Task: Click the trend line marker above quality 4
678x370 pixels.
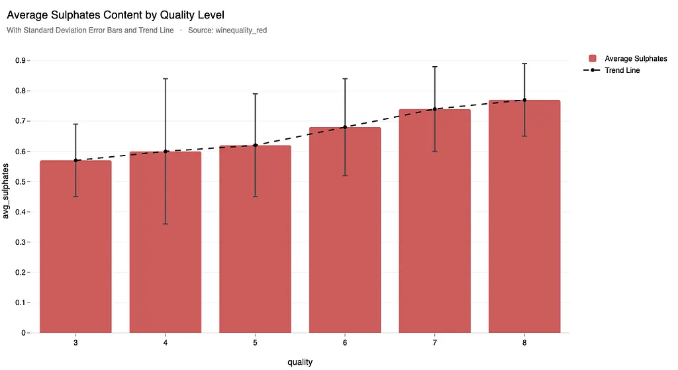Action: point(166,152)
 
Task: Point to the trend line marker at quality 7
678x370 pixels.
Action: point(435,109)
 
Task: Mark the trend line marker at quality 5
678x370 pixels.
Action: point(255,146)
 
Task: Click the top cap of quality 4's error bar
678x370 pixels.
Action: point(166,79)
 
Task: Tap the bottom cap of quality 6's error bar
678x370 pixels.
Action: point(345,175)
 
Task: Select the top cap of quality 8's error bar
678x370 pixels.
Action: point(524,64)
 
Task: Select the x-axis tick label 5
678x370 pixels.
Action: point(255,344)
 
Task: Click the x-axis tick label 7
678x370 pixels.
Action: point(435,344)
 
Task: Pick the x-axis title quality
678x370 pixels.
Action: point(300,362)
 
